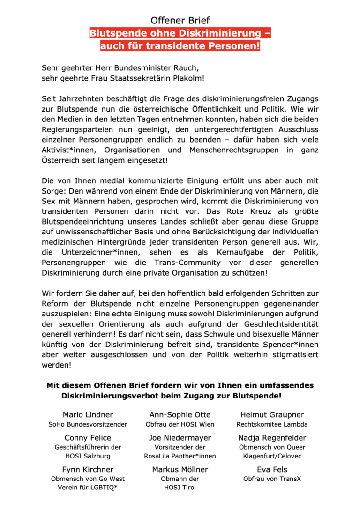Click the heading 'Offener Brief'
[x=180, y=20]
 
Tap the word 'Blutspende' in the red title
[x=115, y=34]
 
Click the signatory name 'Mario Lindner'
[x=88, y=415]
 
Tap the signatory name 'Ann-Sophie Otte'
[x=180, y=415]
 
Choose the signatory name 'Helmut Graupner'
[x=272, y=415]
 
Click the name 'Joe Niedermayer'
[x=180, y=438]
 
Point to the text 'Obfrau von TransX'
[x=272, y=479]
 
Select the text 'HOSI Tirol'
[x=180, y=487]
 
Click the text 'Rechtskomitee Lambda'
[x=272, y=424]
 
